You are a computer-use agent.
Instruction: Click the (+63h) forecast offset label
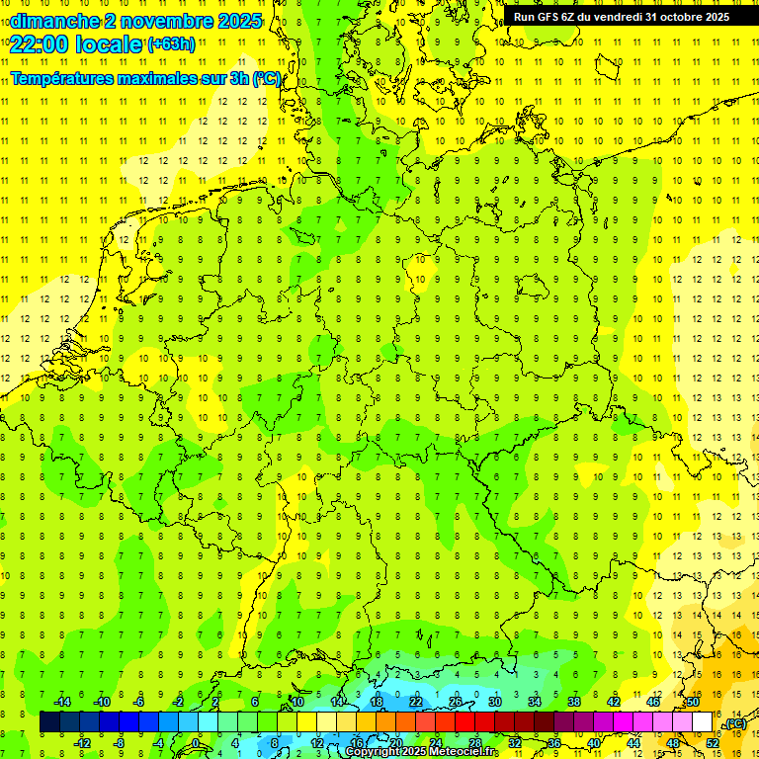(171, 43)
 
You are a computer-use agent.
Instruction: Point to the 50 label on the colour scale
(693, 702)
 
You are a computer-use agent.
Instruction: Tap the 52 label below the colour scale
(713, 743)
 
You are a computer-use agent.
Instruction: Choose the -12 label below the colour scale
(82, 743)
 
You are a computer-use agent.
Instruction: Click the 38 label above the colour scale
(574, 702)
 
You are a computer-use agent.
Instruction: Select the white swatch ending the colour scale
(703, 722)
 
